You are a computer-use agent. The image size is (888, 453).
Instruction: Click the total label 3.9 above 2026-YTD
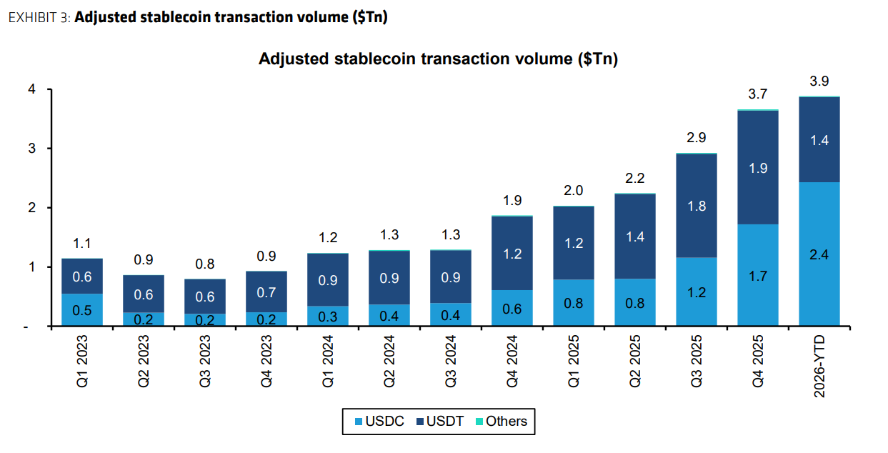[x=819, y=81]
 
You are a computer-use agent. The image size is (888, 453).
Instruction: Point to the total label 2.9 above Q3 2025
[x=696, y=139]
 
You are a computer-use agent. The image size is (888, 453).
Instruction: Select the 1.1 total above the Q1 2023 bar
[x=82, y=243]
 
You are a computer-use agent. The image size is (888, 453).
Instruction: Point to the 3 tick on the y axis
[x=32, y=149]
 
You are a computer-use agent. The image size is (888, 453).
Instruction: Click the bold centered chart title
[x=438, y=59]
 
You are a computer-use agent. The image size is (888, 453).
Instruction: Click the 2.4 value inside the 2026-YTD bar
[x=819, y=255]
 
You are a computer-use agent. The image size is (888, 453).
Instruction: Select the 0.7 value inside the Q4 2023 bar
[x=266, y=292]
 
